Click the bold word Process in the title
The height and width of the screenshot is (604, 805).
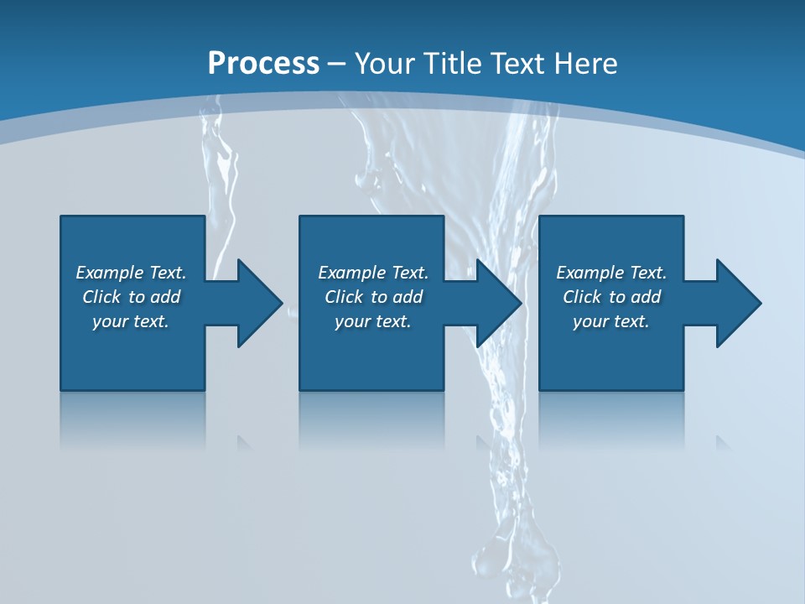tap(263, 63)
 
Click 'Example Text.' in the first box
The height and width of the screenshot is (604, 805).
tap(131, 273)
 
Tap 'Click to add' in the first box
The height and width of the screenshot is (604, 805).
tap(131, 297)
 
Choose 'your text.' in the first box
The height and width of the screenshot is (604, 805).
tap(131, 321)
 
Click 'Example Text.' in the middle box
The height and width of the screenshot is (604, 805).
tap(373, 273)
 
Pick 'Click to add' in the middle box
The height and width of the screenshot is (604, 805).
tap(373, 297)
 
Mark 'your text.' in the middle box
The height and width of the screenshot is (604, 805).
tap(373, 321)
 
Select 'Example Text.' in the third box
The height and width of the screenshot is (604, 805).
tap(611, 273)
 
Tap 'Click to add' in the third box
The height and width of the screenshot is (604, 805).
tap(611, 297)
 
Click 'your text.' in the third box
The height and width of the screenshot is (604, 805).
tap(611, 321)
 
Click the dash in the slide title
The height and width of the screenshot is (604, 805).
tap(336, 64)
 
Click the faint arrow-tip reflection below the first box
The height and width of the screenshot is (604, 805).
tap(244, 442)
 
